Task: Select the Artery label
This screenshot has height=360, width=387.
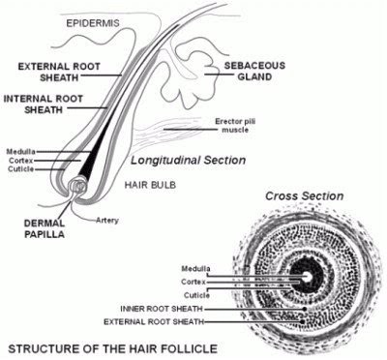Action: coord(109,221)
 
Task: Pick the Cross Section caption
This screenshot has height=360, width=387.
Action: coord(308,195)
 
